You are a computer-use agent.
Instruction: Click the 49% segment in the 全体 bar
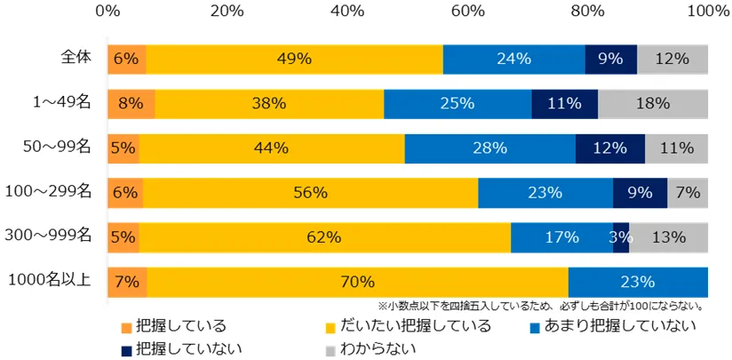[x=294, y=59]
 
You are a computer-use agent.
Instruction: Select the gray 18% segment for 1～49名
[x=652, y=103]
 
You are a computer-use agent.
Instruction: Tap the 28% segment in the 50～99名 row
[x=489, y=148]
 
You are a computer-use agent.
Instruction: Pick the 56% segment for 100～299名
[x=311, y=192]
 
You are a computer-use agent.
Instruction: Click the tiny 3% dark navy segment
[x=621, y=236]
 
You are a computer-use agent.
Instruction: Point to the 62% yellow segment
[x=324, y=236]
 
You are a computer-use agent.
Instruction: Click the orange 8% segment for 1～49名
[x=131, y=103]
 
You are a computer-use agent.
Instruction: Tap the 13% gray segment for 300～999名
[x=668, y=236]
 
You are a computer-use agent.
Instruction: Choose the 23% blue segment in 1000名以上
[x=638, y=282]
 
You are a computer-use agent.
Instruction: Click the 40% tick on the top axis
[x=348, y=12]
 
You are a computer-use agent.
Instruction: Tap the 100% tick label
[x=707, y=12]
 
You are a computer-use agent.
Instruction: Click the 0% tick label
[x=107, y=12]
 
